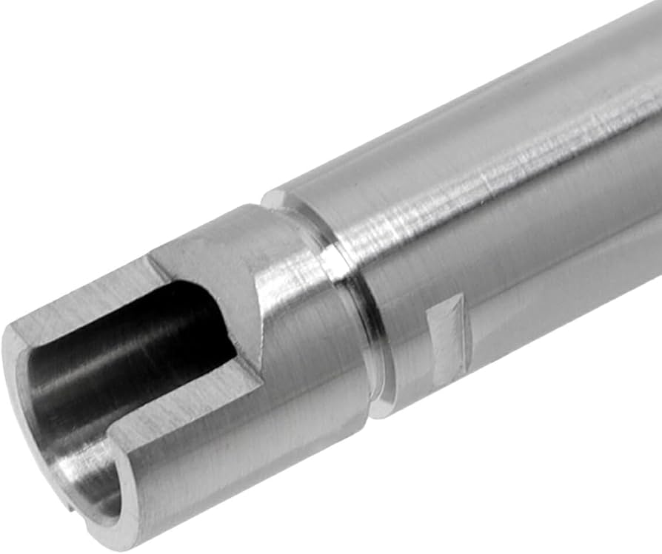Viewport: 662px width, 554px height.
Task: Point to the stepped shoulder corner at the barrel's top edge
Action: coord(275,198)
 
